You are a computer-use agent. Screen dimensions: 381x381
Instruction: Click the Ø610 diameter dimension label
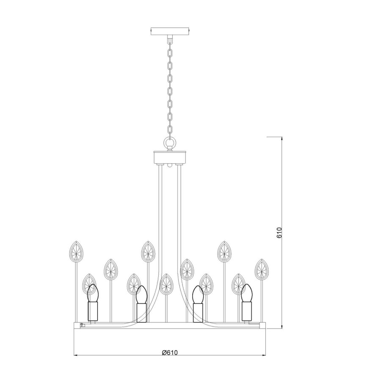point(170,353)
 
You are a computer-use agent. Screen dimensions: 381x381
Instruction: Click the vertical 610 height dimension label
point(279,232)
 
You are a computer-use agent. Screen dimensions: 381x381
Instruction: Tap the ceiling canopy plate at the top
point(170,32)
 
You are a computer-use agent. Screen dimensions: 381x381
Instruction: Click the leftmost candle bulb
point(93,293)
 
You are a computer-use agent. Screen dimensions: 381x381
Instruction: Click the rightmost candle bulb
point(247,293)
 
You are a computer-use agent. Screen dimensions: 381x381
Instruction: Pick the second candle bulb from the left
point(142,295)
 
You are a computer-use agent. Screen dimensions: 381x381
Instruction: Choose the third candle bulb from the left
point(198,295)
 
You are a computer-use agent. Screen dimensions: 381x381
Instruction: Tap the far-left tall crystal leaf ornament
point(76,252)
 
